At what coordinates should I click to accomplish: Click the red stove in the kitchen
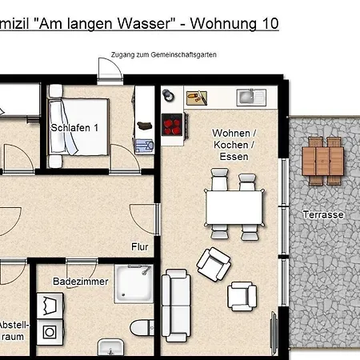(x=173, y=124)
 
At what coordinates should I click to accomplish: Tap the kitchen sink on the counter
(x=249, y=98)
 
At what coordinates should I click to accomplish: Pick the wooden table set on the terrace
(x=323, y=160)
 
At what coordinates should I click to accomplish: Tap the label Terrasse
(x=323, y=214)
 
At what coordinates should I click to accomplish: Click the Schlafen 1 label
(x=74, y=127)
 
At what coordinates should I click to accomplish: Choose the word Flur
(x=140, y=246)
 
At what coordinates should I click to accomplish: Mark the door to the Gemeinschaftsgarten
(x=110, y=70)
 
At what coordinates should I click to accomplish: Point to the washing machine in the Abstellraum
(x=50, y=330)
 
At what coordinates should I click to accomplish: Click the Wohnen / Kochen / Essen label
(x=234, y=144)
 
